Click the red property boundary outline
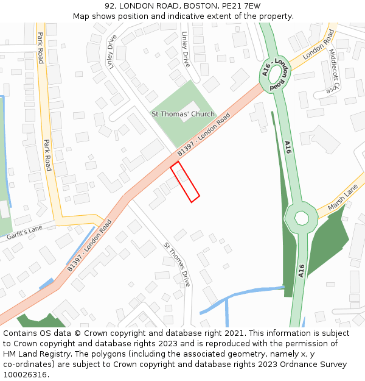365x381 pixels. [185, 182]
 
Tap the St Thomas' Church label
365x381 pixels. [182, 114]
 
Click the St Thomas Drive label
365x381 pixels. [177, 264]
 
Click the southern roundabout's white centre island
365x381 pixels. [301, 218]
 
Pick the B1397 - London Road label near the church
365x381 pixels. [203, 134]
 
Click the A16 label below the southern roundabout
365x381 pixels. [301, 271]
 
